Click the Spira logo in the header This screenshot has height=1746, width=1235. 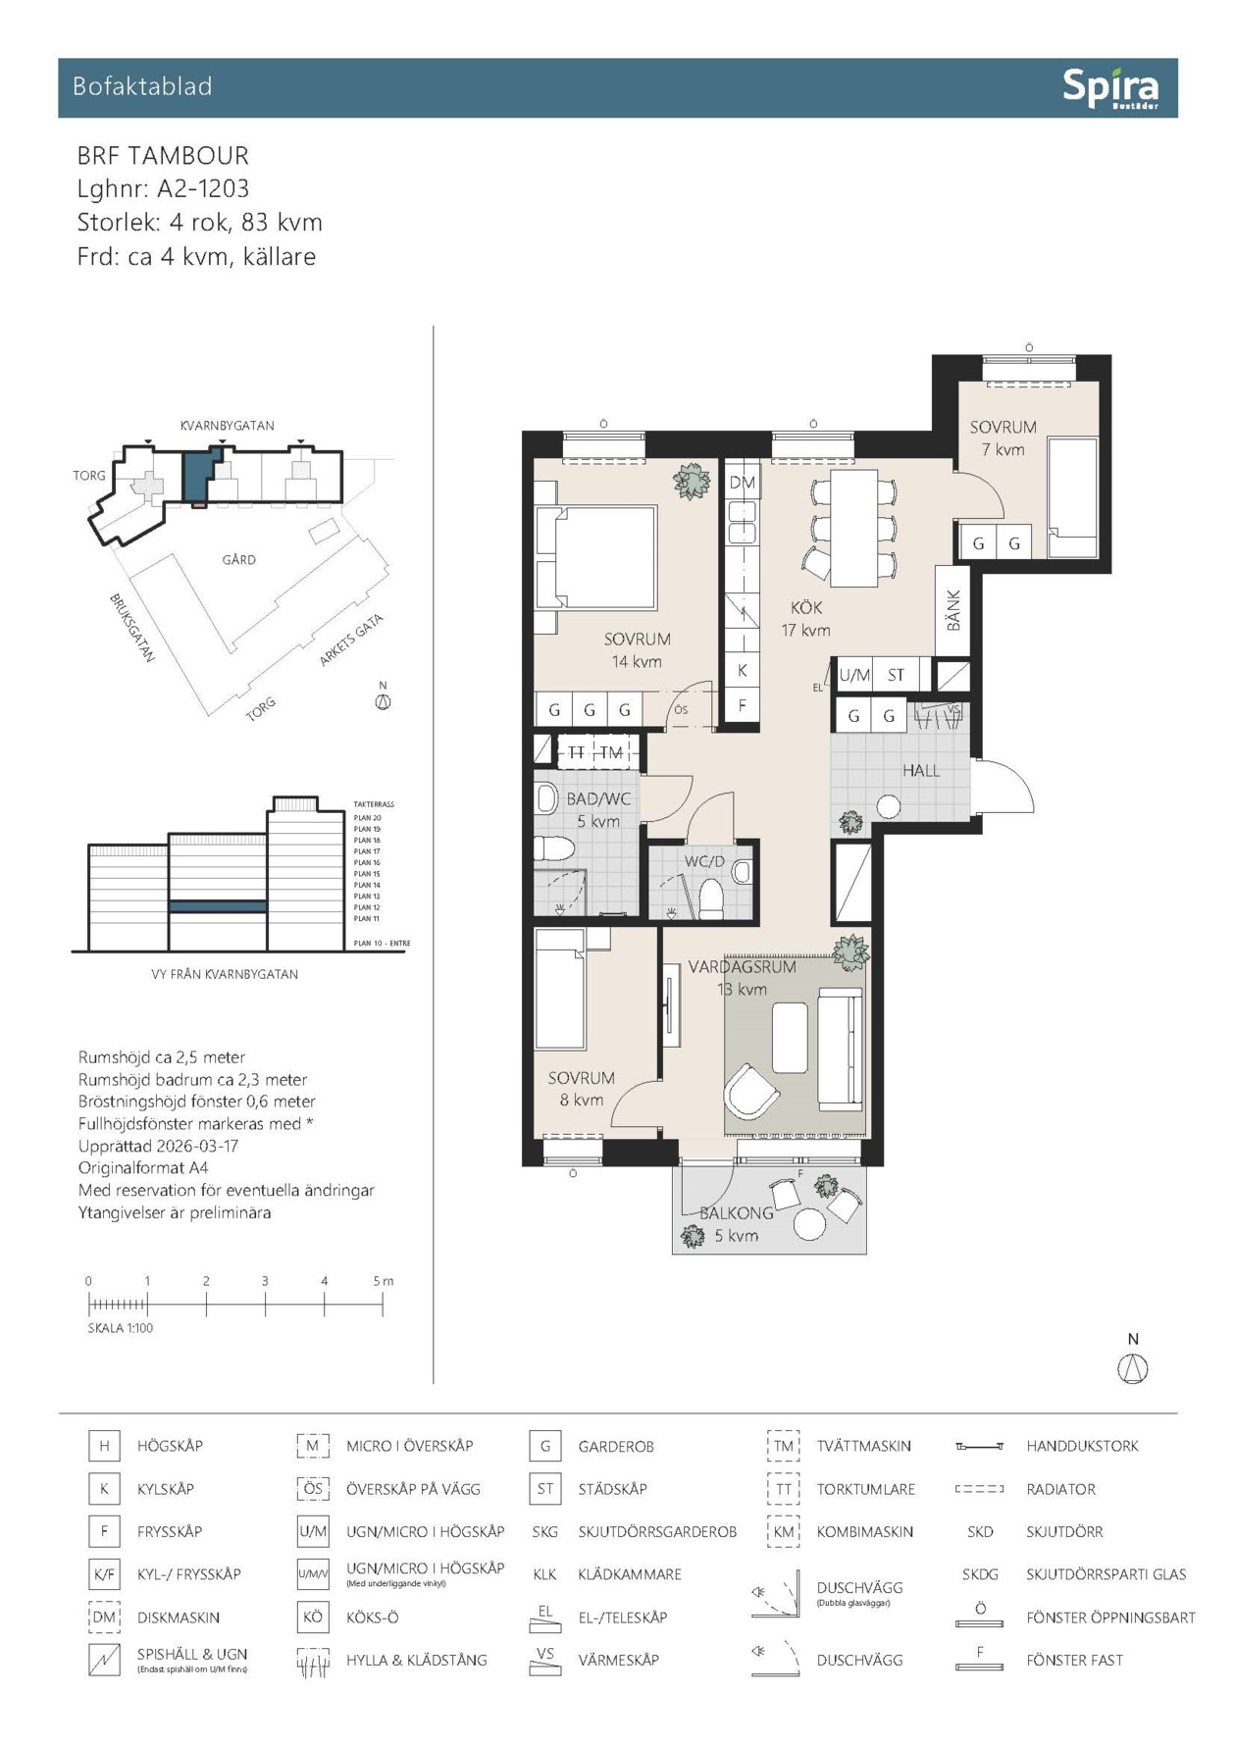[1109, 88]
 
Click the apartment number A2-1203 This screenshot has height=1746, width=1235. [203, 188]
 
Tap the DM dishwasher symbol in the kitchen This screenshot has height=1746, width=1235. [742, 483]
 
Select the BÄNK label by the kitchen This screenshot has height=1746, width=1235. [952, 610]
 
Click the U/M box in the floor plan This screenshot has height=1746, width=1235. [853, 675]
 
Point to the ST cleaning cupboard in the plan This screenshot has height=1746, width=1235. [896, 675]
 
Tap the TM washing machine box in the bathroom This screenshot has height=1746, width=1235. [611, 752]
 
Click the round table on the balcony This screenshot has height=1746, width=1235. [810, 1223]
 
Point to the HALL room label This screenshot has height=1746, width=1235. [921, 771]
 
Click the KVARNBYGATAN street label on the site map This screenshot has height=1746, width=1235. [227, 426]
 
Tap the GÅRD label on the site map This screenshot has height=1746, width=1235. [238, 559]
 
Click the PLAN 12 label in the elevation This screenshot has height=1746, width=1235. [367, 907]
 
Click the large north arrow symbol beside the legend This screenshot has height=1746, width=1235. [1133, 1367]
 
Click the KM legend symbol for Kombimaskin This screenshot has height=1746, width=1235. [783, 1531]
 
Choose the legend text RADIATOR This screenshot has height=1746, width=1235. [1060, 1489]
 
